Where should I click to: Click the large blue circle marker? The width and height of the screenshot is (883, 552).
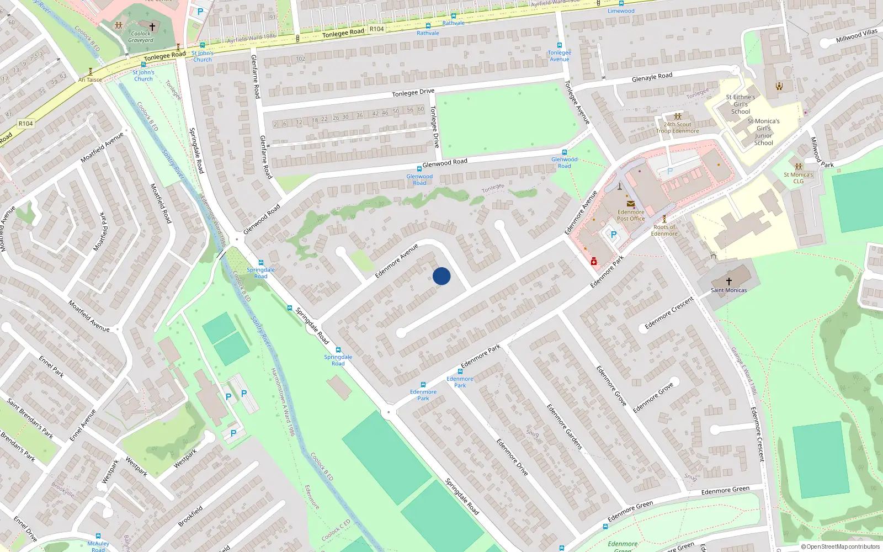click(x=441, y=276)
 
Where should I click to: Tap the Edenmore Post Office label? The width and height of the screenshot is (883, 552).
click(x=631, y=215)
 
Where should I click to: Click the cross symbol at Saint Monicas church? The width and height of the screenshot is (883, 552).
click(x=728, y=281)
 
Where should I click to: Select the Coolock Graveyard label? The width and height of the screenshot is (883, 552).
click(x=141, y=37)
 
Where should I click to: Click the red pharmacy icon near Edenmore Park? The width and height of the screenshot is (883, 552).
click(x=594, y=262)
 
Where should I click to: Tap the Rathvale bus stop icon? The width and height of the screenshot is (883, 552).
click(x=428, y=26)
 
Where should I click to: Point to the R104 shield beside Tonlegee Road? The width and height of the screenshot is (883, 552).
click(x=376, y=29)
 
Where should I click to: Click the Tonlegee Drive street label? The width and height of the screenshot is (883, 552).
click(x=413, y=93)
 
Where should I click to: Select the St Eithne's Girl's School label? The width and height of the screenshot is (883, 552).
click(x=741, y=104)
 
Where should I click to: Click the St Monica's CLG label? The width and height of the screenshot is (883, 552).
click(x=799, y=178)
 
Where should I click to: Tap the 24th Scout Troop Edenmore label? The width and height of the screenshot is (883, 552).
click(x=678, y=128)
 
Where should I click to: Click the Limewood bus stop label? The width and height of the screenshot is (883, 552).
click(x=621, y=10)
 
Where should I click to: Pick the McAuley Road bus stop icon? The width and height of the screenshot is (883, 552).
click(x=98, y=535)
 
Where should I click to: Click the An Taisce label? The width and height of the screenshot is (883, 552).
click(x=90, y=79)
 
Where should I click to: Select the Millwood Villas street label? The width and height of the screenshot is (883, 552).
click(x=856, y=36)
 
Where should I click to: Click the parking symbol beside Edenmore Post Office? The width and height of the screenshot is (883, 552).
click(x=613, y=235)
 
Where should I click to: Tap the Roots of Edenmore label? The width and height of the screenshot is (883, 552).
click(x=664, y=230)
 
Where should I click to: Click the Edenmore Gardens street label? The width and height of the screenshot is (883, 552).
click(x=565, y=426)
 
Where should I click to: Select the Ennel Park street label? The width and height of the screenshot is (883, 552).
click(x=51, y=367)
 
